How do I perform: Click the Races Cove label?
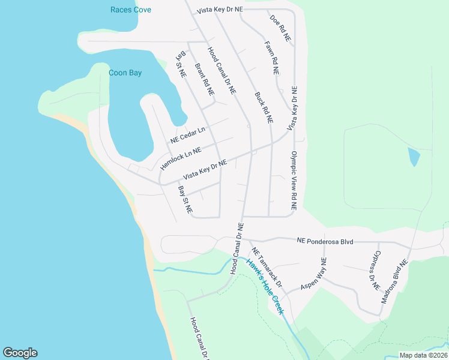pyautogui.click(x=131, y=10)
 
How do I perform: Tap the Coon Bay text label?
pyautogui.click(x=125, y=73)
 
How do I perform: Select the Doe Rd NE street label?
pyautogui.click(x=280, y=28)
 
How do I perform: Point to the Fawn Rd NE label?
pyautogui.click(x=272, y=57)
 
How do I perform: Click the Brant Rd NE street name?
pyautogui.click(x=205, y=80)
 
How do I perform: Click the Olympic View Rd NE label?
pyautogui.click(x=294, y=179)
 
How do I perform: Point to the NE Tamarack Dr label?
pyautogui.click(x=266, y=266)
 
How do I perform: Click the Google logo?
pyautogui.click(x=20, y=353)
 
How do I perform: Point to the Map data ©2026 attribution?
pyautogui.click(x=423, y=355)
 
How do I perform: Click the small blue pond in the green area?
pyautogui.click(x=414, y=157)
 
